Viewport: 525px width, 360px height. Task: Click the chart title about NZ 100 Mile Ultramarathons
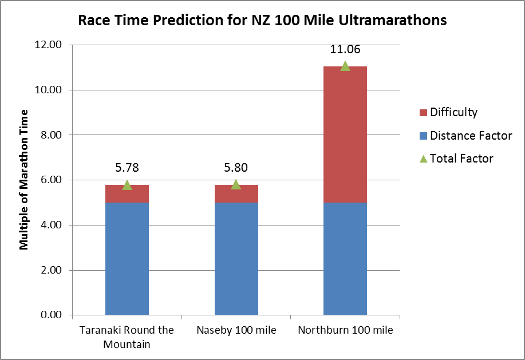(262, 21)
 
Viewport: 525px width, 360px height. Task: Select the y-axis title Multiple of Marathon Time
(24, 179)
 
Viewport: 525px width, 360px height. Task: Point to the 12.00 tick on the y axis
(50, 45)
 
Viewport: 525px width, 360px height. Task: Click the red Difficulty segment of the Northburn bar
(345, 134)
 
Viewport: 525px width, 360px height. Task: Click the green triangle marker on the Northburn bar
(345, 66)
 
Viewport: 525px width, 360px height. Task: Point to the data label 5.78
(127, 168)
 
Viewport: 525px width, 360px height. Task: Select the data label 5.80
(236, 168)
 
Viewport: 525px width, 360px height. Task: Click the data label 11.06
(345, 50)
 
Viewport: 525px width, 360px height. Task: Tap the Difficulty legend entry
(453, 112)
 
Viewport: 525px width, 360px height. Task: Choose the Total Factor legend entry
(461, 159)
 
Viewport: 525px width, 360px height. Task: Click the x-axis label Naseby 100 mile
(236, 331)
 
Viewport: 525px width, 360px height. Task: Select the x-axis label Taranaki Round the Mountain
(127, 337)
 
